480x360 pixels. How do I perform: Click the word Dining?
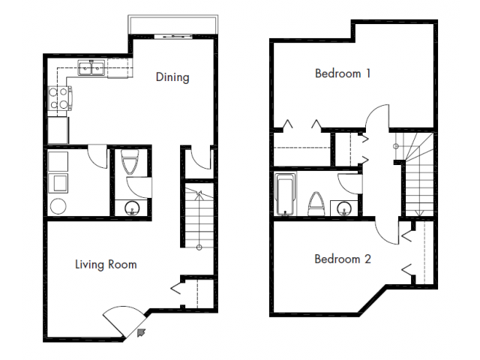(x=172, y=76)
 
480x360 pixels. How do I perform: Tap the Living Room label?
(x=105, y=264)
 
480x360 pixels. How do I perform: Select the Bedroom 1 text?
(x=343, y=73)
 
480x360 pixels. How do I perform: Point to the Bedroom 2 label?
(x=342, y=259)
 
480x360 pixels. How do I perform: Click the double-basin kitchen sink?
(x=94, y=70)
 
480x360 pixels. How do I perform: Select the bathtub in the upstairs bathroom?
(x=286, y=195)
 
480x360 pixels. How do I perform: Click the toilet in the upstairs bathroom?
(x=316, y=203)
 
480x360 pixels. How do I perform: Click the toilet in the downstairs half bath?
(x=128, y=162)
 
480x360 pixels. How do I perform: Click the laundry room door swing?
(x=97, y=157)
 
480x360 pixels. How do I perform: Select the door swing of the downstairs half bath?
(x=138, y=187)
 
